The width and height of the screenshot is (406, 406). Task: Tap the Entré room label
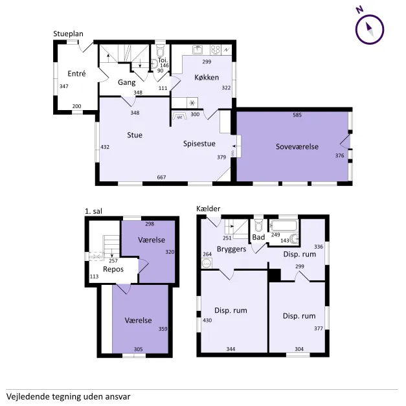[76, 74]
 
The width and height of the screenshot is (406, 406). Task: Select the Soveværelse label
[297, 146]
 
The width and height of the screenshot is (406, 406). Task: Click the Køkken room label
[207, 77]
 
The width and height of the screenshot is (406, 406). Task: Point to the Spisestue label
[199, 144]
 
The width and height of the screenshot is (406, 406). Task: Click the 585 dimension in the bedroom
[297, 115]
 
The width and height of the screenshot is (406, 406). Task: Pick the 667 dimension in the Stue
[161, 177]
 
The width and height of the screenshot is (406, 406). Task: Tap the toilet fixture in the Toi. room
[161, 50]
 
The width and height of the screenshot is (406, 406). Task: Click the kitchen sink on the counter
[198, 49]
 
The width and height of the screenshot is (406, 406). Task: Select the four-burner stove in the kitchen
[215, 49]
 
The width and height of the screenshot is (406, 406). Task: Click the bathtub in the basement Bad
[284, 225]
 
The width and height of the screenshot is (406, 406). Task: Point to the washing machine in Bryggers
[207, 264]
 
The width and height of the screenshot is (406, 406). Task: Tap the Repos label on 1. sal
[113, 269]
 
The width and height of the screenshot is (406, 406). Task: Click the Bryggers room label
[231, 249]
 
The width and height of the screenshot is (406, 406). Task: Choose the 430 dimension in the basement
[207, 321]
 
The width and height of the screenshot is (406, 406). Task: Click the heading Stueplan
[68, 34]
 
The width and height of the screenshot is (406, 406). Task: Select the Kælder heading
[208, 209]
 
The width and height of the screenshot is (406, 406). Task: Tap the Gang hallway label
[127, 82]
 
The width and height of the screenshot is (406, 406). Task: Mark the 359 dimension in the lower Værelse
[163, 329]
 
